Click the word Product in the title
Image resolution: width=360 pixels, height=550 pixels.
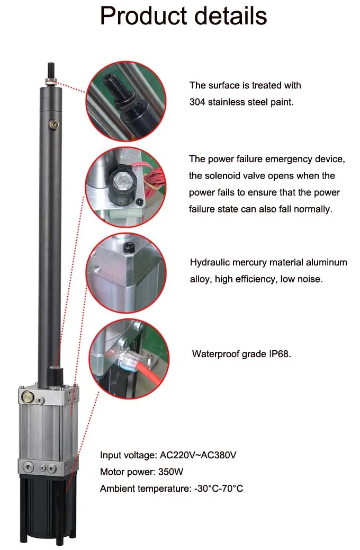143,16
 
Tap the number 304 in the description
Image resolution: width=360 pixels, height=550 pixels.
197,102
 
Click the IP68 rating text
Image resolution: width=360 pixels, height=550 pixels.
280,353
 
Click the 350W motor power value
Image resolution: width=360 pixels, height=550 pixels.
170,472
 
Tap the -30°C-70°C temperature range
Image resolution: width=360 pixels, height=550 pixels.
219,488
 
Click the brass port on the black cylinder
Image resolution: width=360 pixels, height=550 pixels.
54,124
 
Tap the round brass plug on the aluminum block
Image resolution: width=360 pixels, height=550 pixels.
26,397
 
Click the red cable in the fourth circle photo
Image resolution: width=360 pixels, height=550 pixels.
151,372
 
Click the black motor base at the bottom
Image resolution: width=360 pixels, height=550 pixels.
47,509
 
